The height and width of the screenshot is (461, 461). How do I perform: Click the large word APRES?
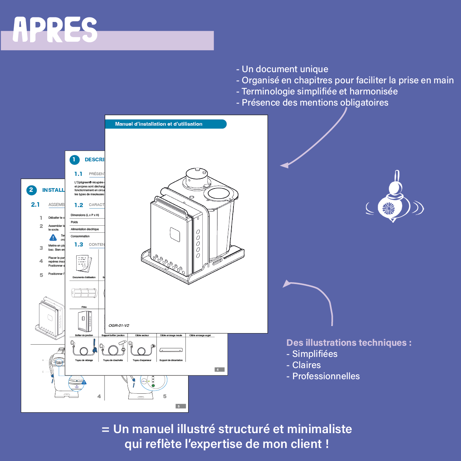pos(55,30)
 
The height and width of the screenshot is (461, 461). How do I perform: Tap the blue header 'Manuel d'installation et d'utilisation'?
pos(159,124)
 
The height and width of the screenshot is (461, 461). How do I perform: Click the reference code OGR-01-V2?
pos(119,325)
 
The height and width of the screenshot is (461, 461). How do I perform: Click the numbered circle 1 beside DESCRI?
pos(74,160)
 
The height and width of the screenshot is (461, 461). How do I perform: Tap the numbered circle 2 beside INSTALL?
pos(31,190)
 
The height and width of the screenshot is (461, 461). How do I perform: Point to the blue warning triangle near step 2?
pos(53,238)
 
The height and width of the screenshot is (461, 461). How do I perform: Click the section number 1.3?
pos(78,245)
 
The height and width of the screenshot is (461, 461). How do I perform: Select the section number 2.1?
pos(35,204)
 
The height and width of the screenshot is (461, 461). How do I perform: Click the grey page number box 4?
pos(219,370)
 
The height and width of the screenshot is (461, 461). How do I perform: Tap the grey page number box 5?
pos(180,406)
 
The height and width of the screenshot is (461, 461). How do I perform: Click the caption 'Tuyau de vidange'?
pos(84,360)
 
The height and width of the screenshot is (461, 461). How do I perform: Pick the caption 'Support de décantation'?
pos(171,360)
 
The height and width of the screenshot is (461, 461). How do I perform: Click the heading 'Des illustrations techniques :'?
pos(349,343)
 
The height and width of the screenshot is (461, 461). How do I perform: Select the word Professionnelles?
pos(326,376)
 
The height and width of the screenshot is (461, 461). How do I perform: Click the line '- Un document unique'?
pos(282,69)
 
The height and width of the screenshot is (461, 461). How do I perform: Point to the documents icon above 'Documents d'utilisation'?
pos(83,264)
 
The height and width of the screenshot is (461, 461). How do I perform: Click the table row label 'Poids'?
pos(74,222)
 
